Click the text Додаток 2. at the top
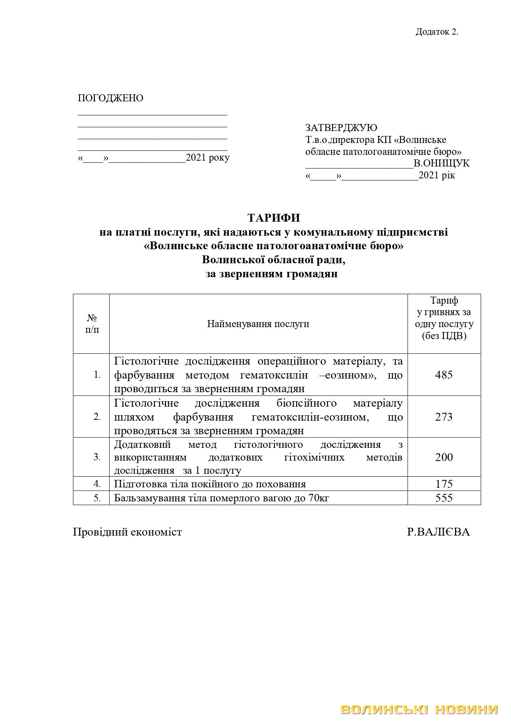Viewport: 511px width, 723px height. [x=437, y=32]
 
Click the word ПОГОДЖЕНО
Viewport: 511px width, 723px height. [x=110, y=98]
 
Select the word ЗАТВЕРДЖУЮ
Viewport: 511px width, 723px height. [x=341, y=128]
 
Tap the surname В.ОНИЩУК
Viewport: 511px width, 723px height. [x=441, y=164]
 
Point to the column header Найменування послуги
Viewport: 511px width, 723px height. [x=258, y=324]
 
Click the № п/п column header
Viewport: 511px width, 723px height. [x=92, y=324]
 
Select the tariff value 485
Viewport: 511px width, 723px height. [x=444, y=375]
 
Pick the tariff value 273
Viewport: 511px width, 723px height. [x=444, y=417]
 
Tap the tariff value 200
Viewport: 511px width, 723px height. [x=444, y=457]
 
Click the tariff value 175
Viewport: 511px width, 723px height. [x=444, y=484]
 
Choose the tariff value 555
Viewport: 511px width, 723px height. [x=444, y=498]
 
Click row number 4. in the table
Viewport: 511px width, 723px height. [x=97, y=484]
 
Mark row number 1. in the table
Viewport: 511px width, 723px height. [x=97, y=375]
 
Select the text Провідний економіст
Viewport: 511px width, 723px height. [x=127, y=532]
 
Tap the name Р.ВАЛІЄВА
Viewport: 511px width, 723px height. [x=438, y=532]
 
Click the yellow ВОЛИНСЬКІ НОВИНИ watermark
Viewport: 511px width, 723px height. [x=419, y=709]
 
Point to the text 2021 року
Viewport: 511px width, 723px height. [x=208, y=158]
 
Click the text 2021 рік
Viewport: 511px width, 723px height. [x=437, y=176]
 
